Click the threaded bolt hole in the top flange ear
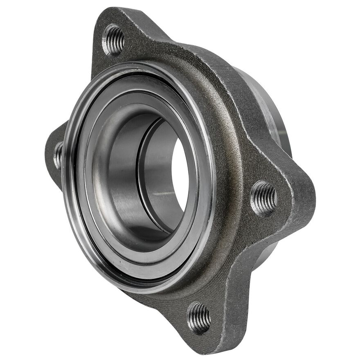[113, 39]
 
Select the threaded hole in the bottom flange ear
[199, 318]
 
